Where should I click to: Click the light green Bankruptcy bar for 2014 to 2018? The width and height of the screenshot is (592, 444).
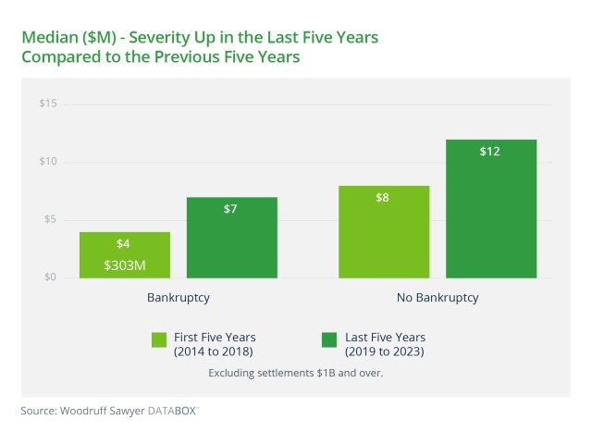124,254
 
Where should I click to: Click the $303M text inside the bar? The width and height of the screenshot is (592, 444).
124,265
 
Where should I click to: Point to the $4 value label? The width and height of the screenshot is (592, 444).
124,244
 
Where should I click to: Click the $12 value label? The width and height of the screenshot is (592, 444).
490,151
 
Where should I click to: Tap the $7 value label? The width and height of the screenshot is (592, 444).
231,209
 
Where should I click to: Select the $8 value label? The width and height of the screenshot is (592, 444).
383,198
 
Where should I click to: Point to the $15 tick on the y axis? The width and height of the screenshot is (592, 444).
47,104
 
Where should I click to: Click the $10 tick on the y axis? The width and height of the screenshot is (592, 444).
47,162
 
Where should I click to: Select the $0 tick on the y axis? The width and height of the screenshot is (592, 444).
50,277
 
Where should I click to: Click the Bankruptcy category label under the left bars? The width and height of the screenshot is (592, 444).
178,299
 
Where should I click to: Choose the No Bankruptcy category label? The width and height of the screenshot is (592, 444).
437,299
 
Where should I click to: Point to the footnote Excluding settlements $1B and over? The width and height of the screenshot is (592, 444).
295,373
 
